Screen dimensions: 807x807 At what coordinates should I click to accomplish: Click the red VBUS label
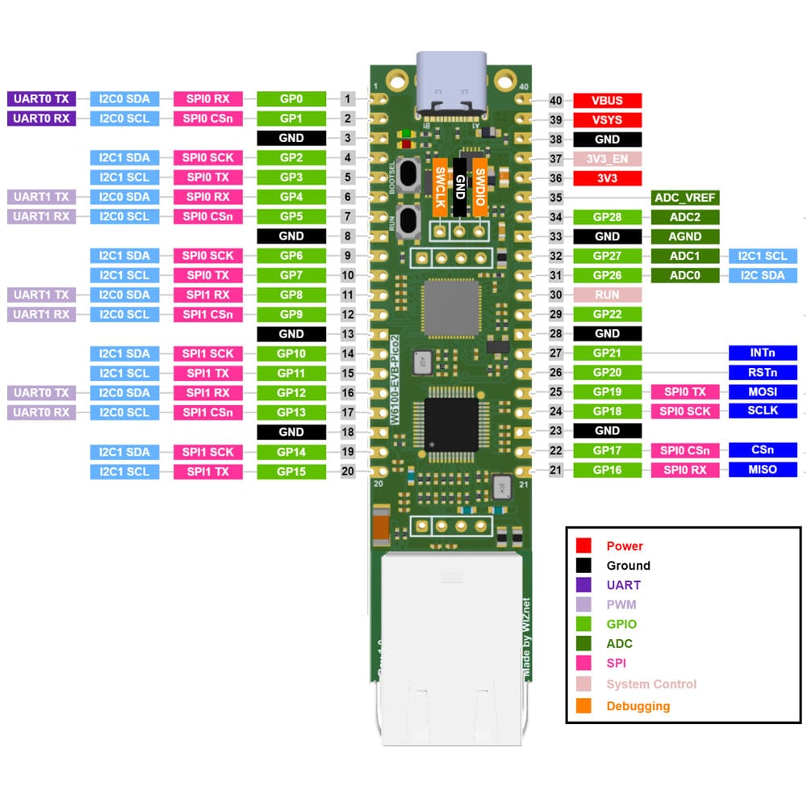coord(608,101)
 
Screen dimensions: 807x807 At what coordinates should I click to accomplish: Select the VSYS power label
coord(608,120)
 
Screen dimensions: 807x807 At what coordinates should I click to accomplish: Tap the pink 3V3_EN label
coord(608,159)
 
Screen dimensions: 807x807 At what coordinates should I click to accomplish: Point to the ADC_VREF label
coord(685,198)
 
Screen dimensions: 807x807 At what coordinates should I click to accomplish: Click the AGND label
coord(685,236)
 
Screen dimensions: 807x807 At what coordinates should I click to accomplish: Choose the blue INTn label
coord(763,353)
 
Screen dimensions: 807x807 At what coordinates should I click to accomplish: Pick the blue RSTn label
coord(763,372)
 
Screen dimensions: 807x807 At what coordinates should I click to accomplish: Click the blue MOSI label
coord(763,391)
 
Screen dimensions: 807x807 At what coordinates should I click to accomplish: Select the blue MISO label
coord(763,470)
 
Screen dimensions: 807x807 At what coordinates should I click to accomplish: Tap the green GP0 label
coord(291,99)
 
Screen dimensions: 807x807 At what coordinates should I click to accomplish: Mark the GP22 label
coord(608,314)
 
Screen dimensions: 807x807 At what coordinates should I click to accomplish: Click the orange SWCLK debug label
coord(440,188)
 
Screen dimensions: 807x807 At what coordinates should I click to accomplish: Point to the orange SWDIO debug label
coord(479,188)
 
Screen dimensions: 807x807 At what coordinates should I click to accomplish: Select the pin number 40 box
coord(555,101)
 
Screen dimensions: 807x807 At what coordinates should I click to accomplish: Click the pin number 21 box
coord(555,470)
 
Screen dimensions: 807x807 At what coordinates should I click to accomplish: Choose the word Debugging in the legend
coord(638,706)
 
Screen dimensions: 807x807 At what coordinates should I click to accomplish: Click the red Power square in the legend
coord(584,546)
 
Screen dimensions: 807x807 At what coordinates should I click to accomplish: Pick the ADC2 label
coord(685,217)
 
